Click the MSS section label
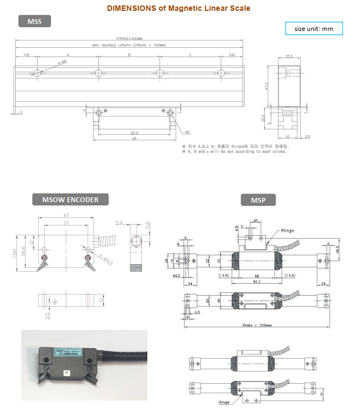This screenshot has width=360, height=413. (x=34, y=22)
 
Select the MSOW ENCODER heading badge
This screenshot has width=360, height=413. (x=70, y=199)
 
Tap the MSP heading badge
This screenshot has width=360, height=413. (x=258, y=199)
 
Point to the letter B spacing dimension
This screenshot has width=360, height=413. (x=129, y=55)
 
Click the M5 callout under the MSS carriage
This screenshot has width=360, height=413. (x=187, y=132)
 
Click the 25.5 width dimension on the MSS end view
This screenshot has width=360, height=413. (x=289, y=57)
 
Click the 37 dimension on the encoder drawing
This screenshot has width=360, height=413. (x=65, y=223)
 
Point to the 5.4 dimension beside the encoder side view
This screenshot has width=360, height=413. (x=120, y=222)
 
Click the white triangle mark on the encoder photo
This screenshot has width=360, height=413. (x=66, y=373)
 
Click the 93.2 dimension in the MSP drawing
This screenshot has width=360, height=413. (x=252, y=282)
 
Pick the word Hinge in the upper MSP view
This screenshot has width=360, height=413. (x=288, y=230)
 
